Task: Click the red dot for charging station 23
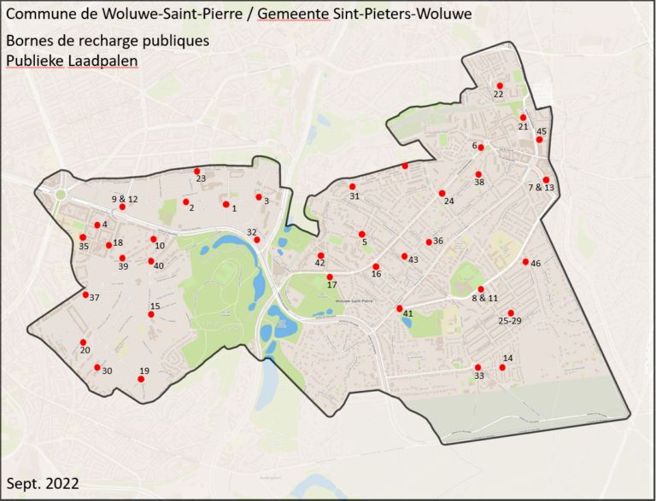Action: (x=196, y=171)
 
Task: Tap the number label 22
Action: (x=498, y=95)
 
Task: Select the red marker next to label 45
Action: (x=539, y=139)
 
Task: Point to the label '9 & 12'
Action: (x=124, y=199)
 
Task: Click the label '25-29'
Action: (x=509, y=321)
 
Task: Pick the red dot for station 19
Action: (x=141, y=378)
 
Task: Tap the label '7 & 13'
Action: (x=542, y=187)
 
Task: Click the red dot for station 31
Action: (x=352, y=187)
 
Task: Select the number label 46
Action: (x=536, y=263)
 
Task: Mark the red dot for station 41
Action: (x=399, y=308)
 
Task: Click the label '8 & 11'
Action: (x=484, y=298)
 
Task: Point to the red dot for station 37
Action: (x=85, y=294)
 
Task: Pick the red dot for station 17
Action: (x=330, y=277)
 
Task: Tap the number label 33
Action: (x=478, y=376)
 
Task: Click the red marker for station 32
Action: (x=256, y=240)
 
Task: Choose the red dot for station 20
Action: (x=84, y=341)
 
